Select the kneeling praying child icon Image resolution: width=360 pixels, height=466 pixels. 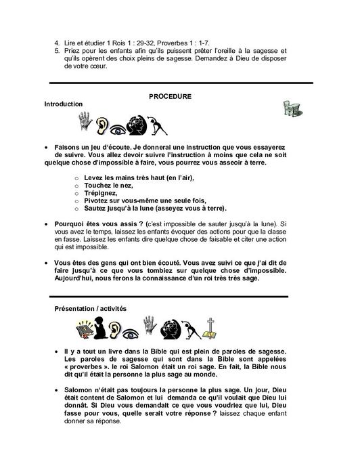pos(102,330)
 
